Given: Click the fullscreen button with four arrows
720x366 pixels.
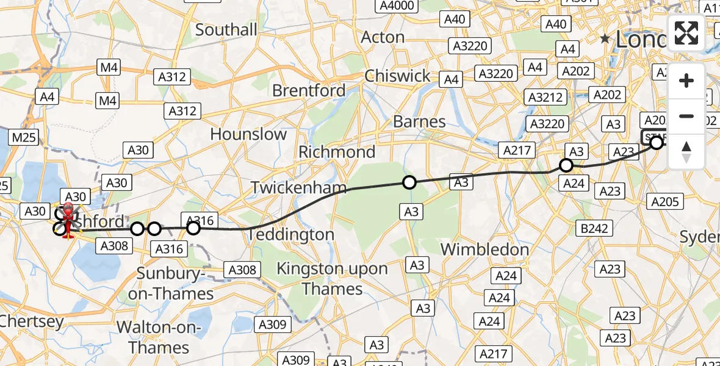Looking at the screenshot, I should point(686,33).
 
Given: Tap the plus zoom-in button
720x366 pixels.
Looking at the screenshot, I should point(686,81).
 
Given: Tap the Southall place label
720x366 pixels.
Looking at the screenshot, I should point(226,29).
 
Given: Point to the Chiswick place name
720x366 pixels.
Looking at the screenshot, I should point(397,76).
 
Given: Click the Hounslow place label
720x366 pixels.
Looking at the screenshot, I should point(248,134).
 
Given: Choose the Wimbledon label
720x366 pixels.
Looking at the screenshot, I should point(484,249).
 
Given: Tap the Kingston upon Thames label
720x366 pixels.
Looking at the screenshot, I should point(332,278).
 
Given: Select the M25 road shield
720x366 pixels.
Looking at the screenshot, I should point(24,137).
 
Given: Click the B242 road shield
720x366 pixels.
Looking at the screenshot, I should point(594,229).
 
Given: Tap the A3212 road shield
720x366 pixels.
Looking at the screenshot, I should point(545,97).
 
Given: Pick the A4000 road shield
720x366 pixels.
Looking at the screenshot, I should point(397,6).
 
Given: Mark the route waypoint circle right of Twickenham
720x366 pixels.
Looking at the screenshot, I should point(409,182).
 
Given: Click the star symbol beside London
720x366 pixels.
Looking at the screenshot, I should point(605,39).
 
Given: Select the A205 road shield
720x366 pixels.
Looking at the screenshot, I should point(665,202).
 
